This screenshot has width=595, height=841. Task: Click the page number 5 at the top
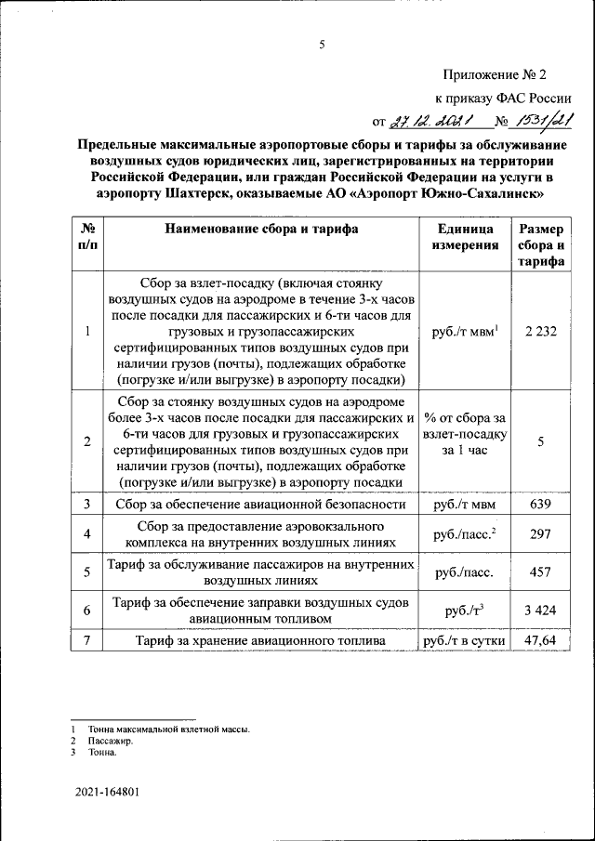point(322,44)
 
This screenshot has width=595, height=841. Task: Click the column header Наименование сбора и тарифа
point(261,230)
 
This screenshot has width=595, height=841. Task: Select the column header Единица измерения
point(464,237)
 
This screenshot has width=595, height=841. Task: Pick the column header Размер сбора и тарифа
point(540,244)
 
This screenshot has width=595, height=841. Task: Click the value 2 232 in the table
point(540,332)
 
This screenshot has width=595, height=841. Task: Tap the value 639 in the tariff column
point(540,505)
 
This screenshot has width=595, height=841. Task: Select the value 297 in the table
point(540,534)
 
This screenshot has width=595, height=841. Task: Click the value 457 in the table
point(540,572)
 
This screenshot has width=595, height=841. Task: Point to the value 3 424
point(540,611)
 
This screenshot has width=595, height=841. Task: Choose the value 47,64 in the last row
point(540,641)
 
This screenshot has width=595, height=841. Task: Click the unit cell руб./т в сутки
point(464,641)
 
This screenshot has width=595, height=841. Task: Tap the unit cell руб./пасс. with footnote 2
point(464,534)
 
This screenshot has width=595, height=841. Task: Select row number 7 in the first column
point(86,641)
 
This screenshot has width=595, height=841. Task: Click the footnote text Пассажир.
point(111,742)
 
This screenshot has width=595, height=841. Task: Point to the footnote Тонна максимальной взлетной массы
point(168,730)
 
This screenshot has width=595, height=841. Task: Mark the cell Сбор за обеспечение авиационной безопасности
point(261,505)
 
